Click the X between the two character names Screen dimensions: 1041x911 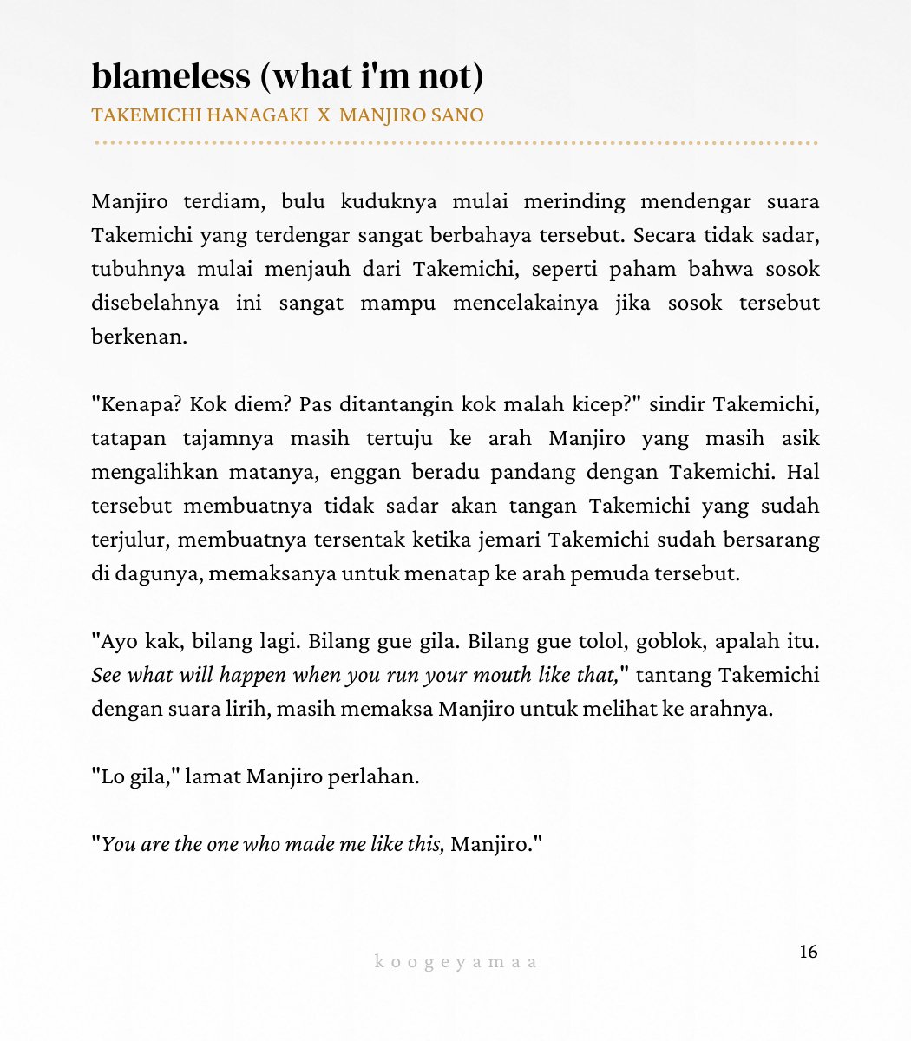pos(324,115)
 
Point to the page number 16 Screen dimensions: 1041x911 pos(808,952)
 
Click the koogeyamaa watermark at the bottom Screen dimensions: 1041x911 pos(456,961)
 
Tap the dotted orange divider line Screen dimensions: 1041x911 pos(455,142)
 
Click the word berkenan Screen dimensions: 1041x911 pos(139,337)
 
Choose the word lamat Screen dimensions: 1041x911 pos(213,776)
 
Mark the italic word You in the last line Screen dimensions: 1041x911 pos(118,844)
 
